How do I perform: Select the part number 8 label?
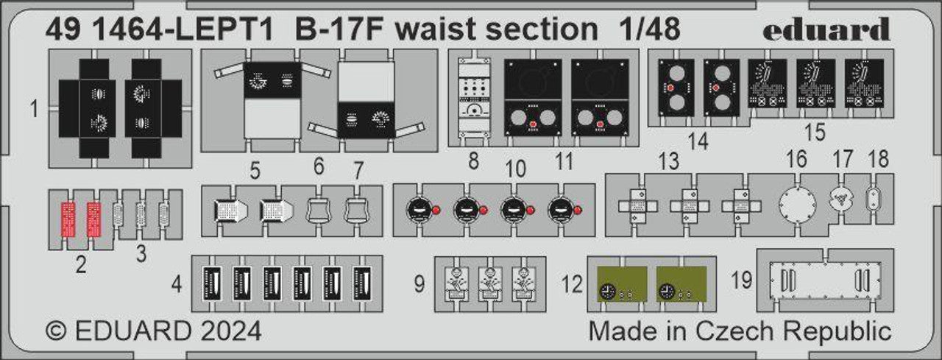coord(472,160)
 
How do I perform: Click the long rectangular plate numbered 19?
coord(824,280)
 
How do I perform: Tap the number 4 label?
coord(177,284)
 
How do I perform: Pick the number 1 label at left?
coord(34,110)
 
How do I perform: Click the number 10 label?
coord(516,169)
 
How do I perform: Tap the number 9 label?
coord(419,284)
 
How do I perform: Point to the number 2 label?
coord(80,264)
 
